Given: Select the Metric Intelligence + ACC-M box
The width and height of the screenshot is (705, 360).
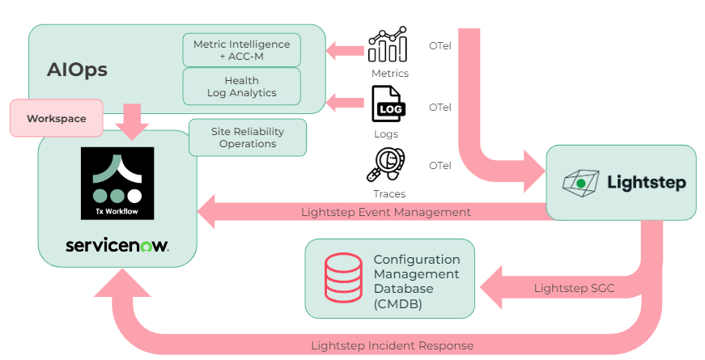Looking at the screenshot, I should [x=241, y=49].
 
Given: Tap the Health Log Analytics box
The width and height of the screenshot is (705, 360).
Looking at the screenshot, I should [x=241, y=87].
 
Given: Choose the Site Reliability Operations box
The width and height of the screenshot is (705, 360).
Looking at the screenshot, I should [x=248, y=138].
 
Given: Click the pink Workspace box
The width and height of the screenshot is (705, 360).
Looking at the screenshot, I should [x=56, y=118].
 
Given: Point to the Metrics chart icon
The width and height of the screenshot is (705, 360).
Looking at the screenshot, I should [x=388, y=45].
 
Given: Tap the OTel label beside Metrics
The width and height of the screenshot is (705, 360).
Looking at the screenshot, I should [x=440, y=45].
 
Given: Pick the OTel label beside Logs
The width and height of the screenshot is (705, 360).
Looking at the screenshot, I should [x=440, y=107].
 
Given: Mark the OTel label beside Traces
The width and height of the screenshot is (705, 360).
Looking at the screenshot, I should [x=440, y=165].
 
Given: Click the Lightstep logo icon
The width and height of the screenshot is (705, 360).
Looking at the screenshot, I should [x=580, y=183].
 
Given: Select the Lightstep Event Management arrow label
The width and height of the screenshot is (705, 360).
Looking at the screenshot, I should [x=385, y=213].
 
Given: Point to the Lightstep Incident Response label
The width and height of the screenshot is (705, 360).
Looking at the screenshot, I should [x=392, y=345].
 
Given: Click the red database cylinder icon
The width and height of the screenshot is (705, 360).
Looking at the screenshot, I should [x=342, y=277].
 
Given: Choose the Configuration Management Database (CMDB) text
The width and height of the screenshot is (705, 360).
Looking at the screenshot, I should [x=416, y=282].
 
